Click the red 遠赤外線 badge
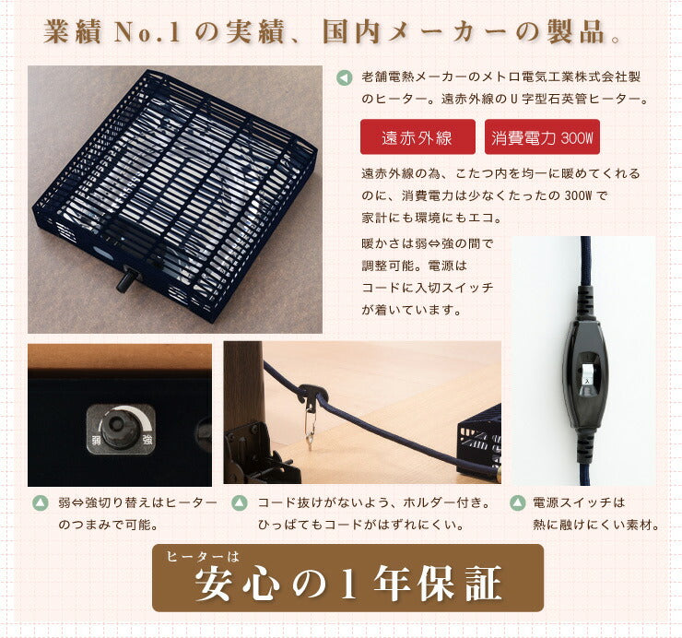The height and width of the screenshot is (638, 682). tap(417, 137)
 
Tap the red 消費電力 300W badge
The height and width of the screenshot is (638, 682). tap(542, 137)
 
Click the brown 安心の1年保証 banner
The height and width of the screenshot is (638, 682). tap(347, 578)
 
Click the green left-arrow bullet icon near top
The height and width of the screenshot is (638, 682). tap(344, 77)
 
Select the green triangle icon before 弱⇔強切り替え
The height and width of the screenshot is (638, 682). tap(40, 503)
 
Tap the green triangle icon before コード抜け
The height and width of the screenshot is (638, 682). tap(238, 503)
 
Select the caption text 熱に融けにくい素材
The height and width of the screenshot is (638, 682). tap(596, 526)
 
